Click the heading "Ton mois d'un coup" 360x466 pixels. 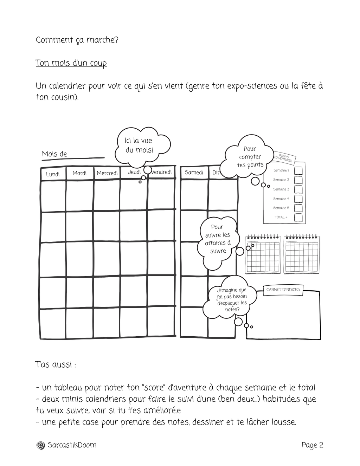(71, 63)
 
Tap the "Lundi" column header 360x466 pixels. (53, 174)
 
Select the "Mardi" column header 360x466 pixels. (79, 173)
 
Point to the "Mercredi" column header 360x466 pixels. (107, 173)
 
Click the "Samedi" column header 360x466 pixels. (194, 173)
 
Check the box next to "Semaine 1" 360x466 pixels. (298, 170)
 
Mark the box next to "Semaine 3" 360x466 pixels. (298, 189)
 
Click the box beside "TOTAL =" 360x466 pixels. (298, 218)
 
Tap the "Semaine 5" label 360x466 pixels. (281, 208)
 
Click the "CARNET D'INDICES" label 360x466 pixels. (283, 290)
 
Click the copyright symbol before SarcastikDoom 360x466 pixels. (41, 445)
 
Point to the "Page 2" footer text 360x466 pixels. (312, 445)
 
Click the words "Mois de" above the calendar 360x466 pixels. (54, 154)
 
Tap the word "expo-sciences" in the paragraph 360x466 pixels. (252, 86)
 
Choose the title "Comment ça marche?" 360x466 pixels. (77, 40)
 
